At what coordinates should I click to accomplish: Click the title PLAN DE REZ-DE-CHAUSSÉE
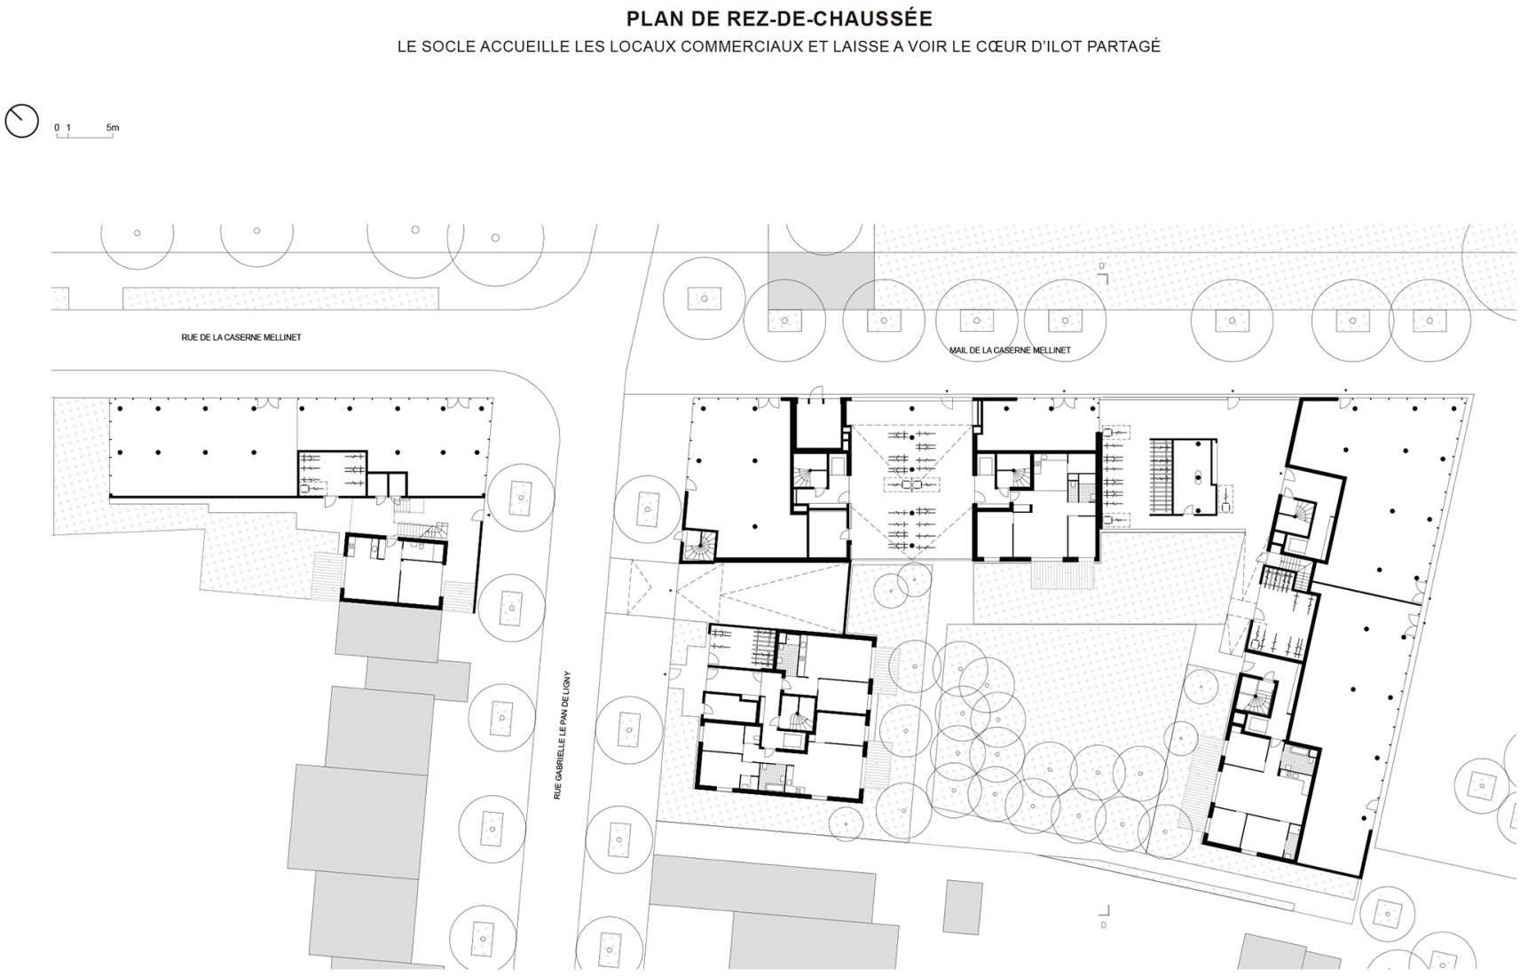click(779, 19)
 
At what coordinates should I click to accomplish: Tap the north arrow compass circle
click(21, 121)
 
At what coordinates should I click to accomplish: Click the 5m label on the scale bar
click(112, 128)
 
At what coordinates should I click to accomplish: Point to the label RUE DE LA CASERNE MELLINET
click(240, 337)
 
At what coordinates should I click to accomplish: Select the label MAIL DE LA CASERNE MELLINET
click(1010, 350)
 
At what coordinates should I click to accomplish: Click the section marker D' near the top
click(1103, 266)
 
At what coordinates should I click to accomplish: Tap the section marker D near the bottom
click(1104, 925)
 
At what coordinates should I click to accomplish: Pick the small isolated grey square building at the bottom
click(963, 907)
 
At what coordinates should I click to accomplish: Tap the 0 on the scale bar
click(57, 128)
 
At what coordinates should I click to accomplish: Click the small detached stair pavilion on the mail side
click(1183, 476)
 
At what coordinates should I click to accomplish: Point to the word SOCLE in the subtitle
click(448, 47)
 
